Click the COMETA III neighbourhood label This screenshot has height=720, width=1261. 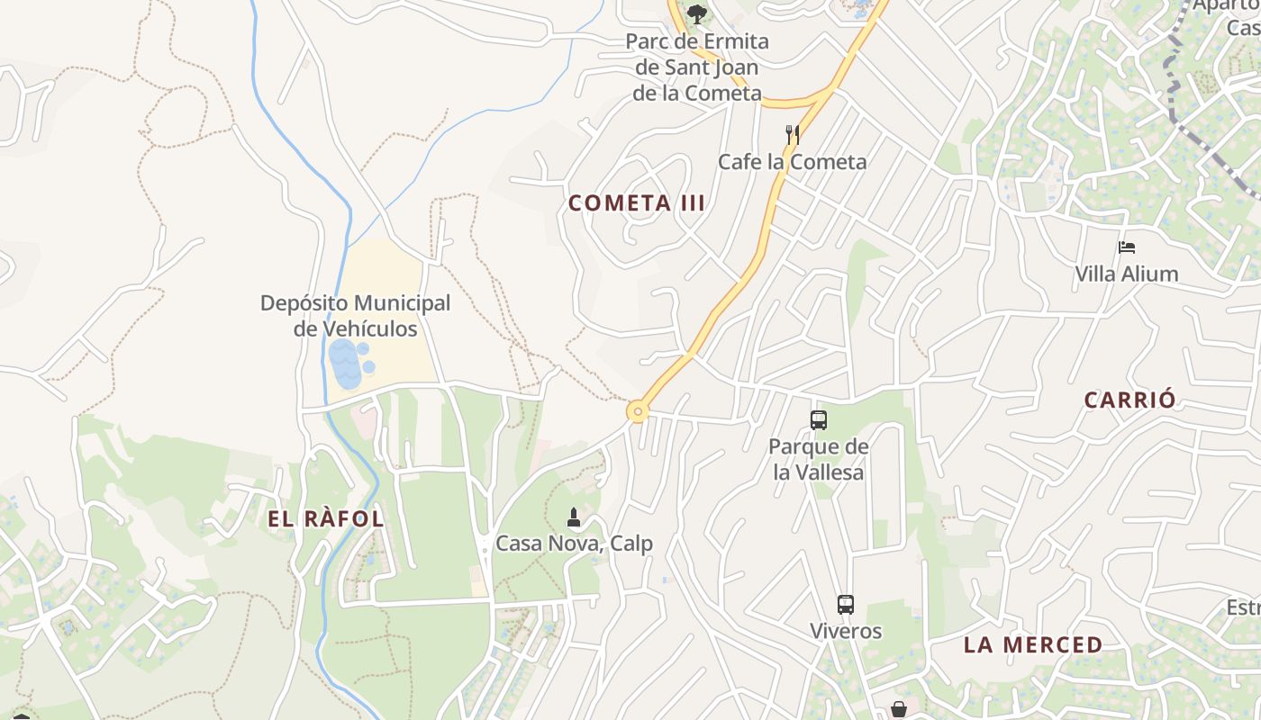[x=636, y=203]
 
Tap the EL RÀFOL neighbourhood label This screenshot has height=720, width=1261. [x=325, y=519]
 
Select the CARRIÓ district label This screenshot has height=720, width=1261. [x=1129, y=400]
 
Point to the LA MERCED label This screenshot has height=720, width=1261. [x=1032, y=645]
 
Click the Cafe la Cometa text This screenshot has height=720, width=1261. [x=792, y=162]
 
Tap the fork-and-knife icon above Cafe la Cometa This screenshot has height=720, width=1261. [x=793, y=135]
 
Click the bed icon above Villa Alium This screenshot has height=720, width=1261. [x=1126, y=247]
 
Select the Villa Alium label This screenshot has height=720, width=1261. [x=1126, y=274]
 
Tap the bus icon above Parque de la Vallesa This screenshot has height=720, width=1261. [x=818, y=419]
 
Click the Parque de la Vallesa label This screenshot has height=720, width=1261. [x=818, y=459]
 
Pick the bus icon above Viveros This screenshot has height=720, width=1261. [x=845, y=605]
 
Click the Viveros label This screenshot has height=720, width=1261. [x=845, y=631]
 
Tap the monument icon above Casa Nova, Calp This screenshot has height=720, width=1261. [x=574, y=517]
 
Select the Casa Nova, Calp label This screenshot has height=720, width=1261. [x=574, y=544]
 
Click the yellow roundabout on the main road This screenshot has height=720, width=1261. [x=638, y=413]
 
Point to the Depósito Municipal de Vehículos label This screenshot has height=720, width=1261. [x=355, y=316]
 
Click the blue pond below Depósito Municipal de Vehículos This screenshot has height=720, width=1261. [x=345, y=364]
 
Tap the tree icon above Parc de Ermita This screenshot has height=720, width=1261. [x=696, y=14]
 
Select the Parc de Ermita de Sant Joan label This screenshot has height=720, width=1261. [x=696, y=67]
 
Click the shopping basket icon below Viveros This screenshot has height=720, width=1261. [x=898, y=709]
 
